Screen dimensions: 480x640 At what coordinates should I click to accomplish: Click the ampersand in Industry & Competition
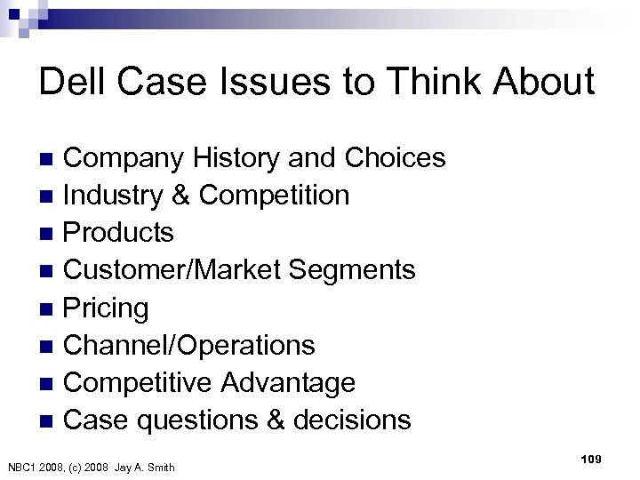click(186, 195)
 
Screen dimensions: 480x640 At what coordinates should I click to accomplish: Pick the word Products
click(120, 232)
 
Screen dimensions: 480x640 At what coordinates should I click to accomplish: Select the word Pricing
click(108, 308)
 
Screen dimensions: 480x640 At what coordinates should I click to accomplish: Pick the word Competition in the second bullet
click(274, 195)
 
